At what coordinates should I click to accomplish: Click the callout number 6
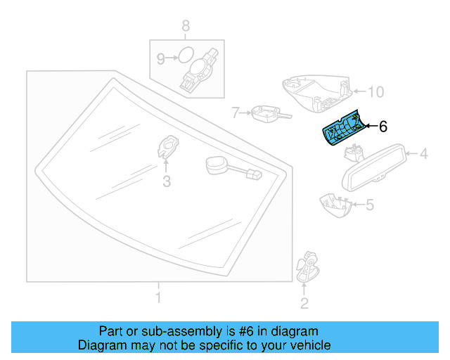pos(383,127)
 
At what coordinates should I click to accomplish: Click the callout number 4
pos(424,153)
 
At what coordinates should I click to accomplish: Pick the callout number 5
pos(370,205)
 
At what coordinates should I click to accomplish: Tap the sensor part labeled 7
pos(267,112)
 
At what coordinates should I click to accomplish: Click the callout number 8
pos(186,27)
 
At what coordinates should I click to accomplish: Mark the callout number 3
pos(166,182)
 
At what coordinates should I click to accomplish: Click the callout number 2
pos(304,303)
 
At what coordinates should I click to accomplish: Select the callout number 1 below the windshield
pos(158,299)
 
